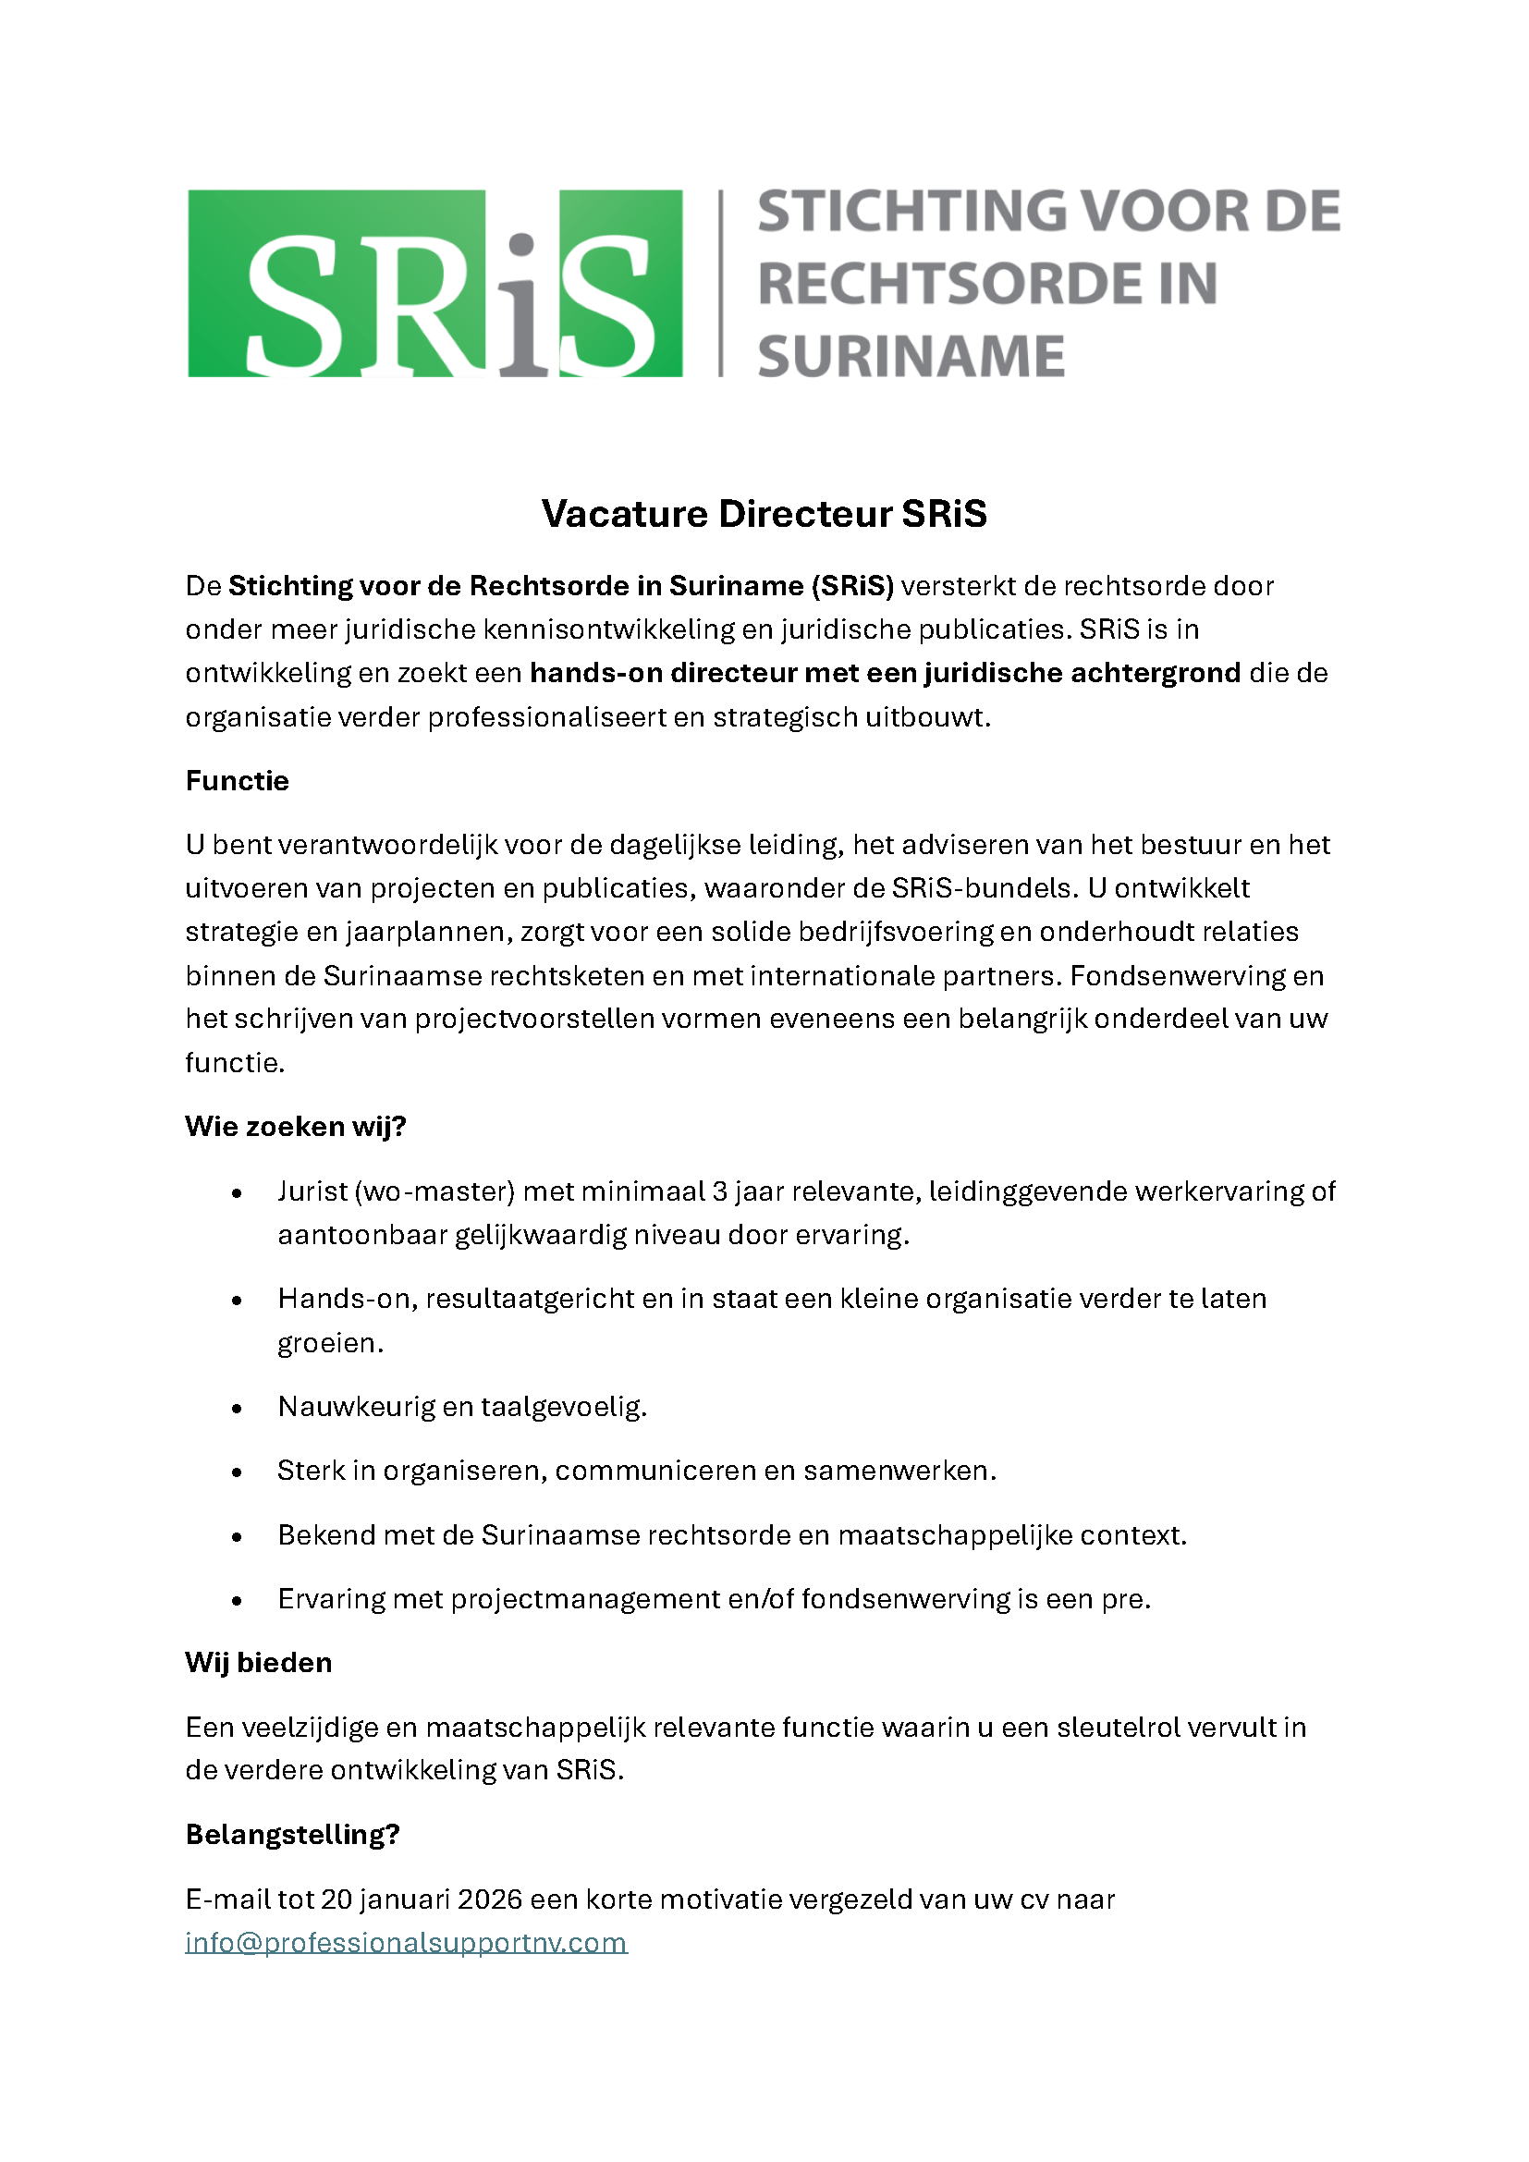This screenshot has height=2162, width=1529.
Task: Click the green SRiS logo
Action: [435, 284]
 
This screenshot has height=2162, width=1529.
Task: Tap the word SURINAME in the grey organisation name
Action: [911, 357]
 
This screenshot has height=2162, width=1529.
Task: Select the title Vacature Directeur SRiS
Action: [764, 514]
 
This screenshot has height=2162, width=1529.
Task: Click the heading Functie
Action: [237, 781]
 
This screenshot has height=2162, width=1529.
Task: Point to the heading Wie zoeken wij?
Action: [295, 1126]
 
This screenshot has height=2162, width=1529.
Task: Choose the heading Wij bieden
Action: [258, 1662]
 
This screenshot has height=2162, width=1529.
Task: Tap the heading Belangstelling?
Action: [292, 1833]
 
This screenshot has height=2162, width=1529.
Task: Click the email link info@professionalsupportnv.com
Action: [406, 1942]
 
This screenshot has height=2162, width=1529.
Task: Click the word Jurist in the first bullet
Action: [312, 1191]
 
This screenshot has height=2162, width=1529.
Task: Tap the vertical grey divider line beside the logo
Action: [721, 284]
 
